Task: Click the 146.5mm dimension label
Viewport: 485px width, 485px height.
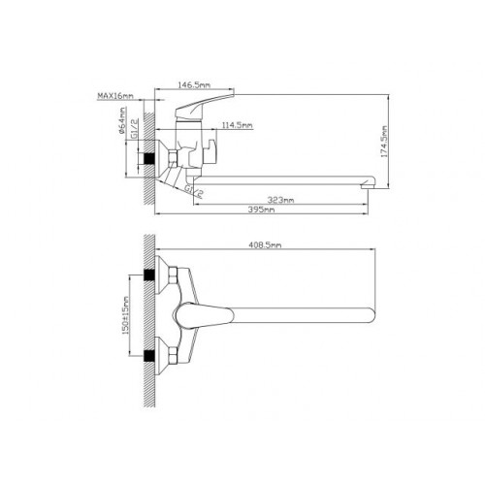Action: point(194,85)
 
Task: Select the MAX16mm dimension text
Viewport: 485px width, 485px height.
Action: point(115,96)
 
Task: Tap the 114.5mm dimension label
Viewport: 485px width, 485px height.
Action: point(237,125)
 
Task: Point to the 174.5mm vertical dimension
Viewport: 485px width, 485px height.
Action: point(384,142)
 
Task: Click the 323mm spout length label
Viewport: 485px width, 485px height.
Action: point(280,200)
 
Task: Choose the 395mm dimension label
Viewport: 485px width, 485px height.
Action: point(261,210)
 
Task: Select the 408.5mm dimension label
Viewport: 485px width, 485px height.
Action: point(265,245)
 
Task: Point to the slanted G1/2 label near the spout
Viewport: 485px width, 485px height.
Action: point(194,191)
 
